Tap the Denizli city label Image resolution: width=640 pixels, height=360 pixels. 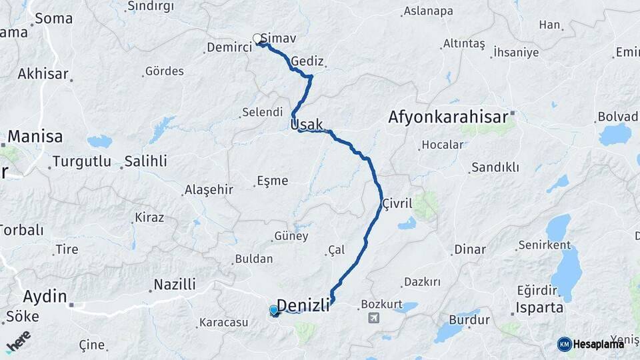(303, 305)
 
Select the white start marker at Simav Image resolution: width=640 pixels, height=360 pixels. (257, 39)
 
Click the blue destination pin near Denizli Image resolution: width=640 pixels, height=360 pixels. (274, 310)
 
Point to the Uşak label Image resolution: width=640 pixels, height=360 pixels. (307, 124)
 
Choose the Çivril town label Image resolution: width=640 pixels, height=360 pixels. (398, 203)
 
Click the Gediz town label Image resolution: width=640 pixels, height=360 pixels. (307, 61)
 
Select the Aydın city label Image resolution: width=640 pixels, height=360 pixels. (45, 296)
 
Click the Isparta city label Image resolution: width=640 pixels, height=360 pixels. (541, 309)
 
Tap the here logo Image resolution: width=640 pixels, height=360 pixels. (18, 341)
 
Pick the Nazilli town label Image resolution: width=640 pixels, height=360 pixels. (175, 285)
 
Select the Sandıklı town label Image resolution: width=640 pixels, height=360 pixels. (495, 167)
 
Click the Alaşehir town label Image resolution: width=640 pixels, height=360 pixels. (209, 189)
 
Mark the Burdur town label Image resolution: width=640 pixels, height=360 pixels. (469, 320)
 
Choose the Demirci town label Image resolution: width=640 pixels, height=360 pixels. (229, 47)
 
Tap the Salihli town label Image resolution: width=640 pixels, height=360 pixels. (146, 161)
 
